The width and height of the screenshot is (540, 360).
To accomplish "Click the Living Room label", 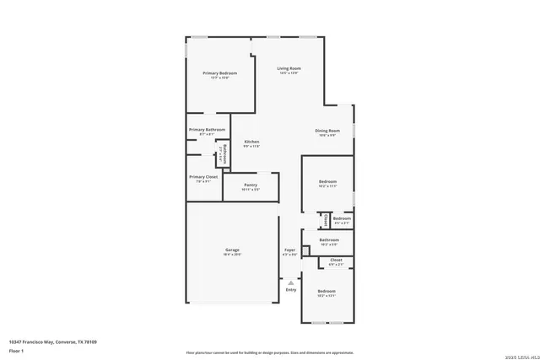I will tap(289, 68).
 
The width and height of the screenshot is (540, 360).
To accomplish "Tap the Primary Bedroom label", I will tap(219, 73).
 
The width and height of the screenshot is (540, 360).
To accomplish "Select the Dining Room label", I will tap(327, 131).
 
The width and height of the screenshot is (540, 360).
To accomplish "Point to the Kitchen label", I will tap(251, 142).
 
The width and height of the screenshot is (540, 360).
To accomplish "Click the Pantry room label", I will tap(251, 185).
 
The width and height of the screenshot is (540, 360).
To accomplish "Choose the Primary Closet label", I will tap(203, 176).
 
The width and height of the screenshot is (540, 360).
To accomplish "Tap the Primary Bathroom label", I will tap(207, 129).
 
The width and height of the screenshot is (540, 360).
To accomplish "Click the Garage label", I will tap(232, 250).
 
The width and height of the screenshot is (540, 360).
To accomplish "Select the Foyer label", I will tap(289, 250).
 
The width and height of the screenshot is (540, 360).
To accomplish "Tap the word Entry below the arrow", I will tap(290, 290).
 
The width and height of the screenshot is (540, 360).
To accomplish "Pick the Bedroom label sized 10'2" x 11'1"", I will tap(327, 181).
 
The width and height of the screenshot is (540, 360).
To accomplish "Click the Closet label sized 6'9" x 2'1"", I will tap(336, 260).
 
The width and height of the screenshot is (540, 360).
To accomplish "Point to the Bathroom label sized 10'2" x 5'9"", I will tap(328, 240).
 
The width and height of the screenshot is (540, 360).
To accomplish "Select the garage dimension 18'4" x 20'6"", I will tap(232, 254).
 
